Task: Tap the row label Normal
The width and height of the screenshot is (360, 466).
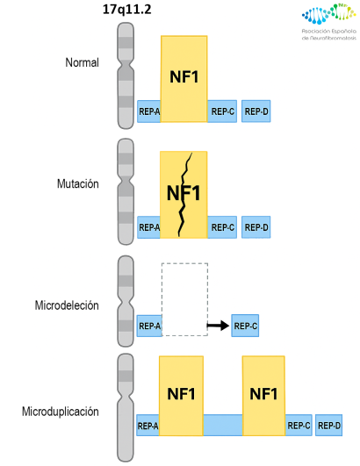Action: point(82,63)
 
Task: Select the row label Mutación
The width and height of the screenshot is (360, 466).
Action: point(78,184)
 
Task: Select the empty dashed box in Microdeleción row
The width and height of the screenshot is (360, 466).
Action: point(184,298)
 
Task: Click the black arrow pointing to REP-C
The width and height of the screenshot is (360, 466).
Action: point(217,326)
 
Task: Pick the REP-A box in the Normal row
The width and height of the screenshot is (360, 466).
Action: point(148,111)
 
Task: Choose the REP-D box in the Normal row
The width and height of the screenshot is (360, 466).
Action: point(256,111)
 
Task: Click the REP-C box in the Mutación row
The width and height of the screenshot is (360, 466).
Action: point(221,228)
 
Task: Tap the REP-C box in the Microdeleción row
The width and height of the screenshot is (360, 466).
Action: point(245,326)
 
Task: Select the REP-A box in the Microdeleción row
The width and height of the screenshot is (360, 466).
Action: point(149,326)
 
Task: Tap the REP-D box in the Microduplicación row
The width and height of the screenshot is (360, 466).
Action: point(329,426)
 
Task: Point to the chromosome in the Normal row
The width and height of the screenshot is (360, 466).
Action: point(126,76)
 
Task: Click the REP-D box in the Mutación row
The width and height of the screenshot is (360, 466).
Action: point(256,228)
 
